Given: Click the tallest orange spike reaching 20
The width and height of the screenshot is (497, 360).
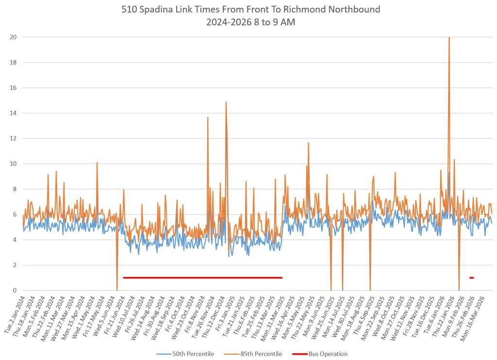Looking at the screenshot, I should click(x=449, y=38).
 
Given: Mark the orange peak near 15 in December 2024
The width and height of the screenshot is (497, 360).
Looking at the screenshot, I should click(x=226, y=103).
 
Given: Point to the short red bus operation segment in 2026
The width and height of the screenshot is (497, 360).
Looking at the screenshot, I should click(x=471, y=278).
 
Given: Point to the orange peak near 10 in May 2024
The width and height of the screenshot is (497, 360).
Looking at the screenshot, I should click(x=97, y=163).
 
